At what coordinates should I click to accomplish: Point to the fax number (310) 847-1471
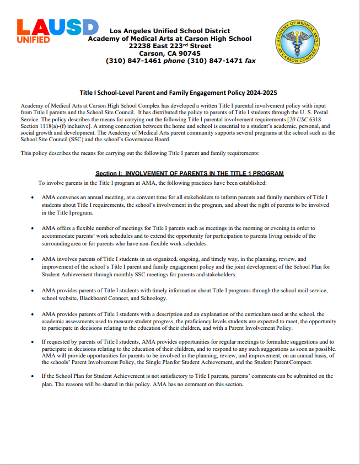(x=216, y=61)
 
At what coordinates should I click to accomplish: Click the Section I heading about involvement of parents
(x=190, y=173)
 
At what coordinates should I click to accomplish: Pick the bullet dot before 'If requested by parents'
(x=31, y=342)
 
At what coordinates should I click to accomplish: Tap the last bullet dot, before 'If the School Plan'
(x=31, y=376)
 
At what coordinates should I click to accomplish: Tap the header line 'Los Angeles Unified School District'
(x=170, y=31)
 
